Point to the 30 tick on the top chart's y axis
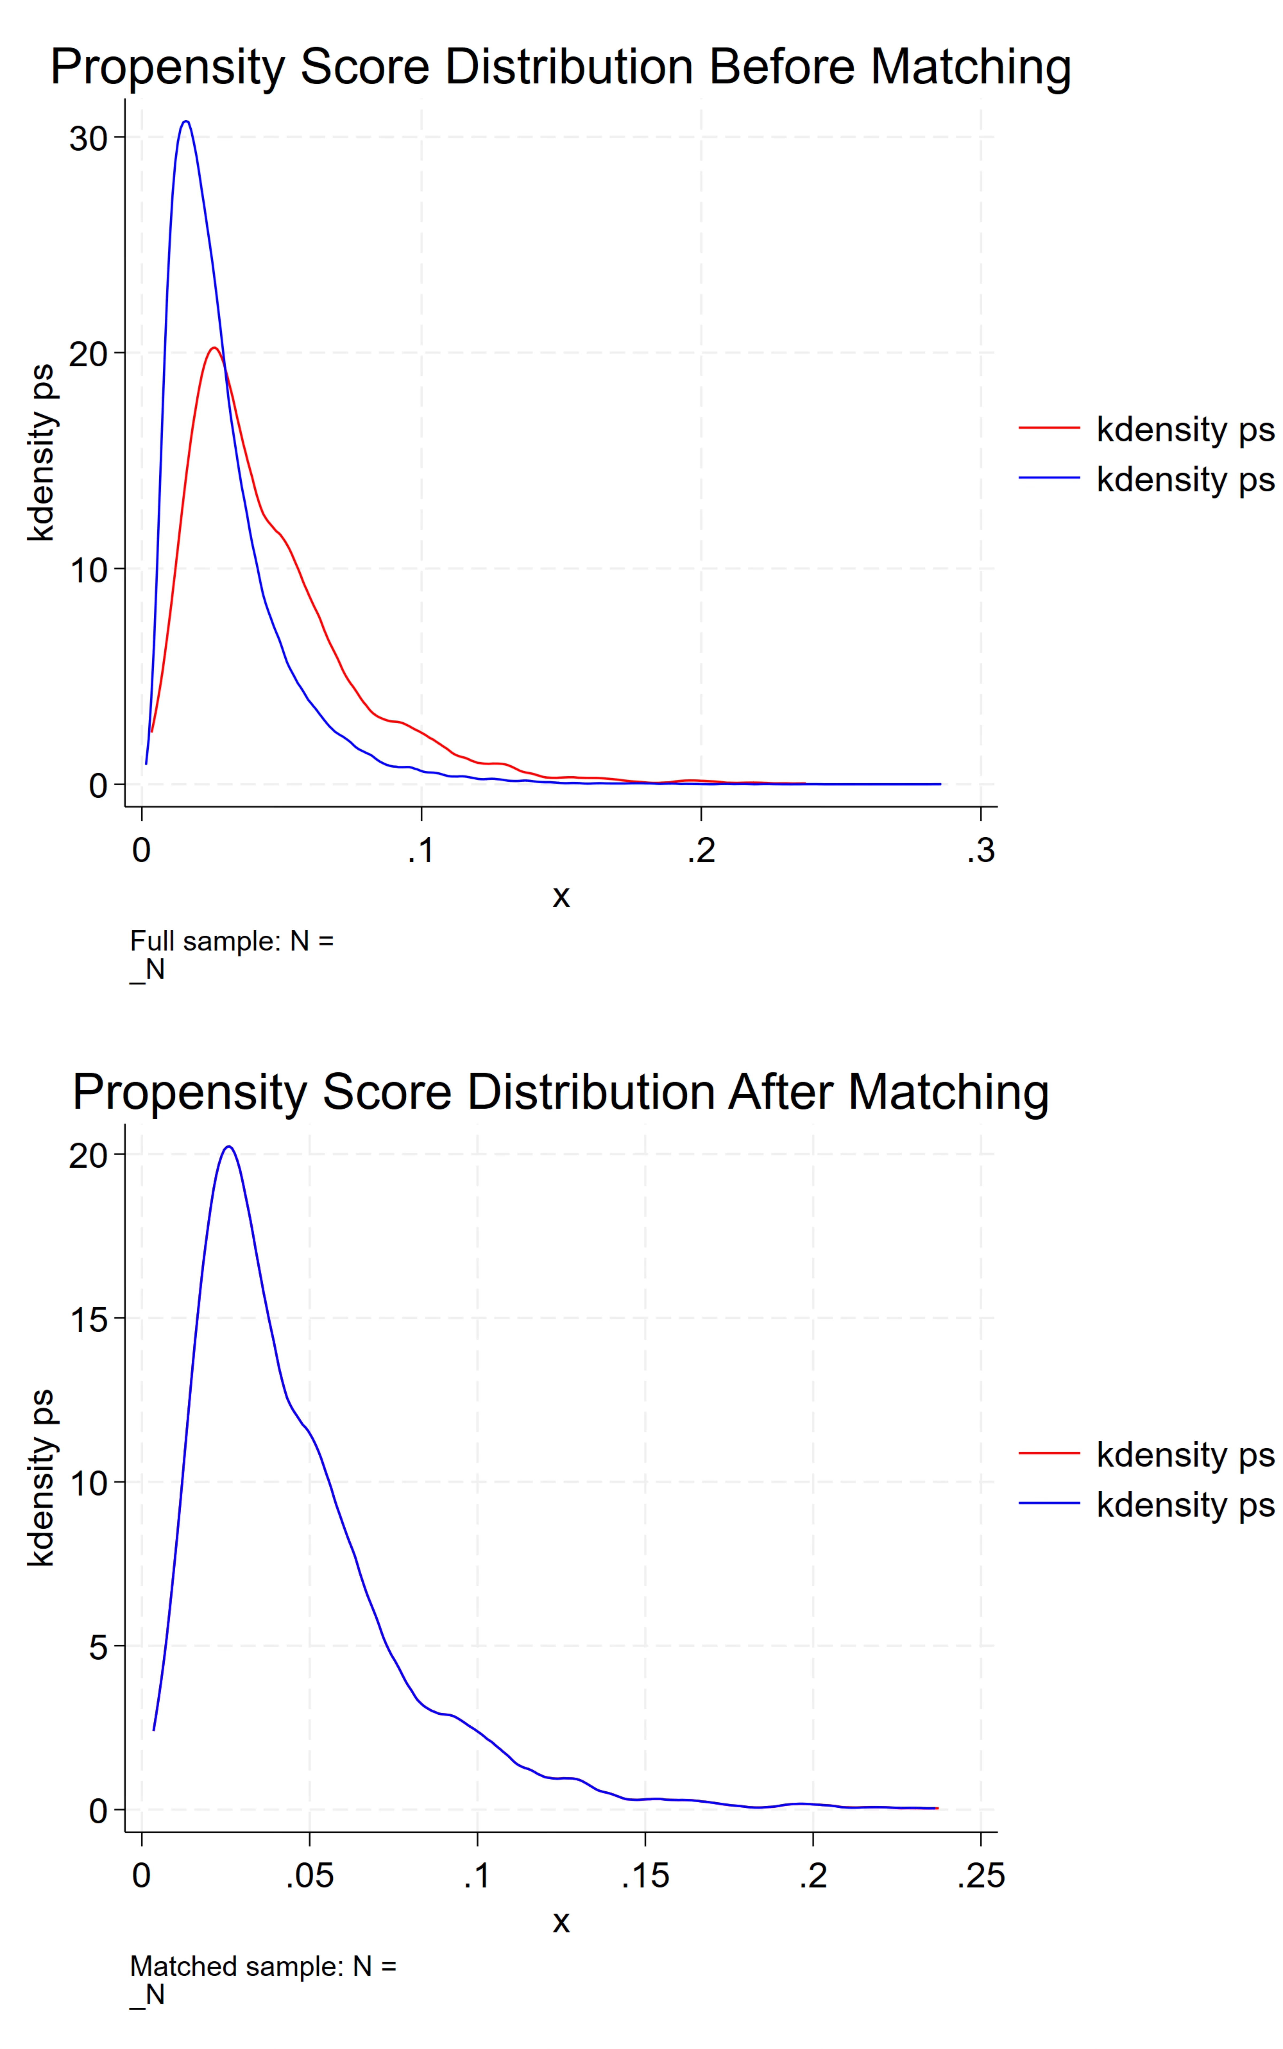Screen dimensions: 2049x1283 88,138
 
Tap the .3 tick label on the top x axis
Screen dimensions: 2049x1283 980,850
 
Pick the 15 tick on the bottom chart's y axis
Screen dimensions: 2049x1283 88,1319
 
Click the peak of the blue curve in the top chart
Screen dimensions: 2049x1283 186,121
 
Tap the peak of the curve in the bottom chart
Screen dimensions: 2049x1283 228,1147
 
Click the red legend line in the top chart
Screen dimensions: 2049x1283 1049,428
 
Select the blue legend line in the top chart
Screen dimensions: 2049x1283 1049,479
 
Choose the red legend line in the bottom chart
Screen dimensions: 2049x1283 1049,1453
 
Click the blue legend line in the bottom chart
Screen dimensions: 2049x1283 1049,1504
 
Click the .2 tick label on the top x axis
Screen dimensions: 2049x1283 701,850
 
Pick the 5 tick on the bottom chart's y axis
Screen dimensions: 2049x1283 98,1647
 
